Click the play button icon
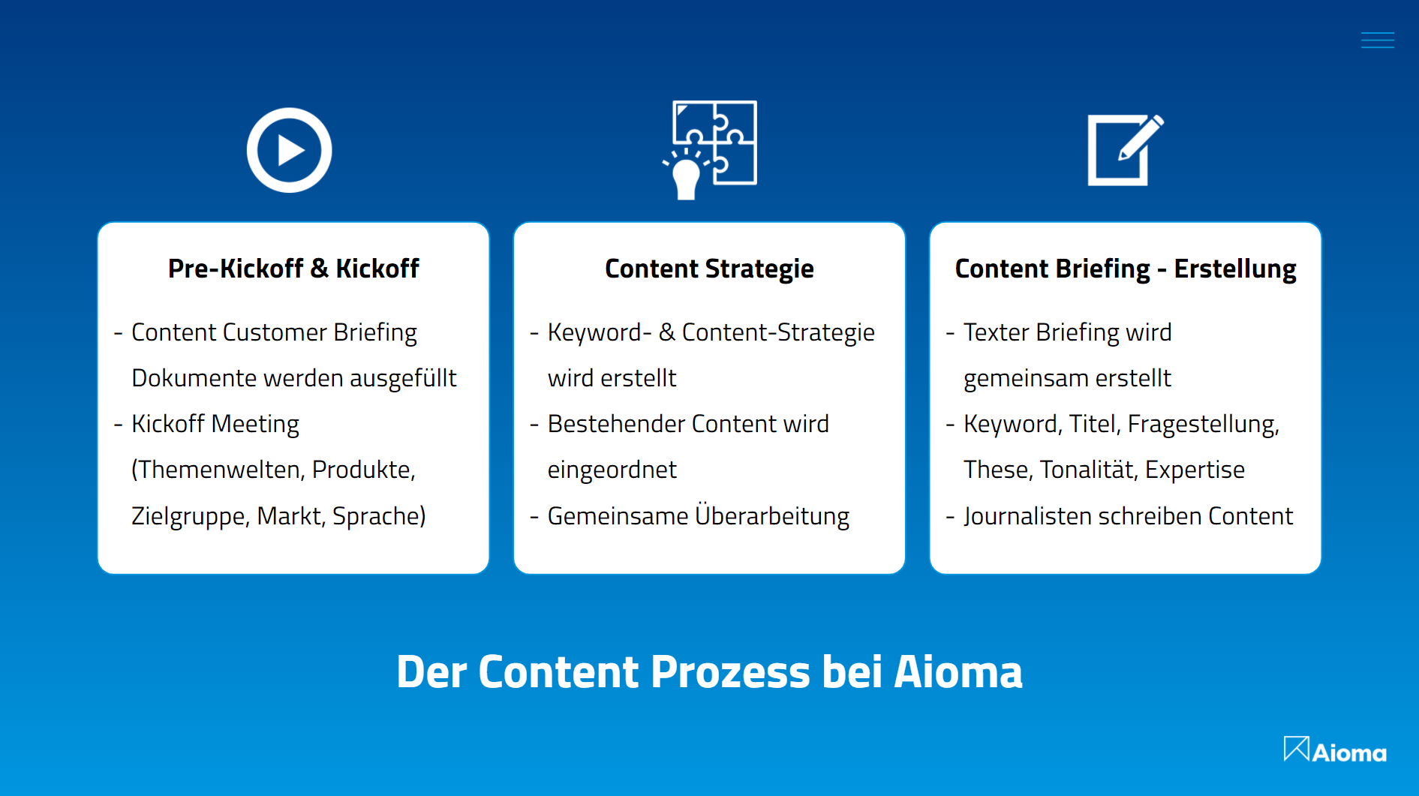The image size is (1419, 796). (289, 150)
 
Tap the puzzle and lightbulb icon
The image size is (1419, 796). (709, 150)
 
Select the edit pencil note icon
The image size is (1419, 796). (1126, 150)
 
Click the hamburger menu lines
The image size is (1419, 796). (1378, 40)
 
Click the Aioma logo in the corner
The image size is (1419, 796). (1335, 750)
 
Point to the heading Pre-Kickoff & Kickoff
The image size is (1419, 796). (293, 269)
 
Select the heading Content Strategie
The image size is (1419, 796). (709, 269)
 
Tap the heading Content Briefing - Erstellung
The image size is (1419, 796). (1126, 269)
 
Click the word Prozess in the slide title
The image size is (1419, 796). (730, 671)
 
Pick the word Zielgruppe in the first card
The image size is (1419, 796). (190, 516)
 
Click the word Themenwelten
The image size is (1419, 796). (218, 470)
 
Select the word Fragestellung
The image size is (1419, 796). (1203, 425)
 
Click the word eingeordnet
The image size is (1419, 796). (612, 470)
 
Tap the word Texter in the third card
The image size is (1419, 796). (996, 332)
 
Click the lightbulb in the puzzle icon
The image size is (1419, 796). (685, 176)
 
